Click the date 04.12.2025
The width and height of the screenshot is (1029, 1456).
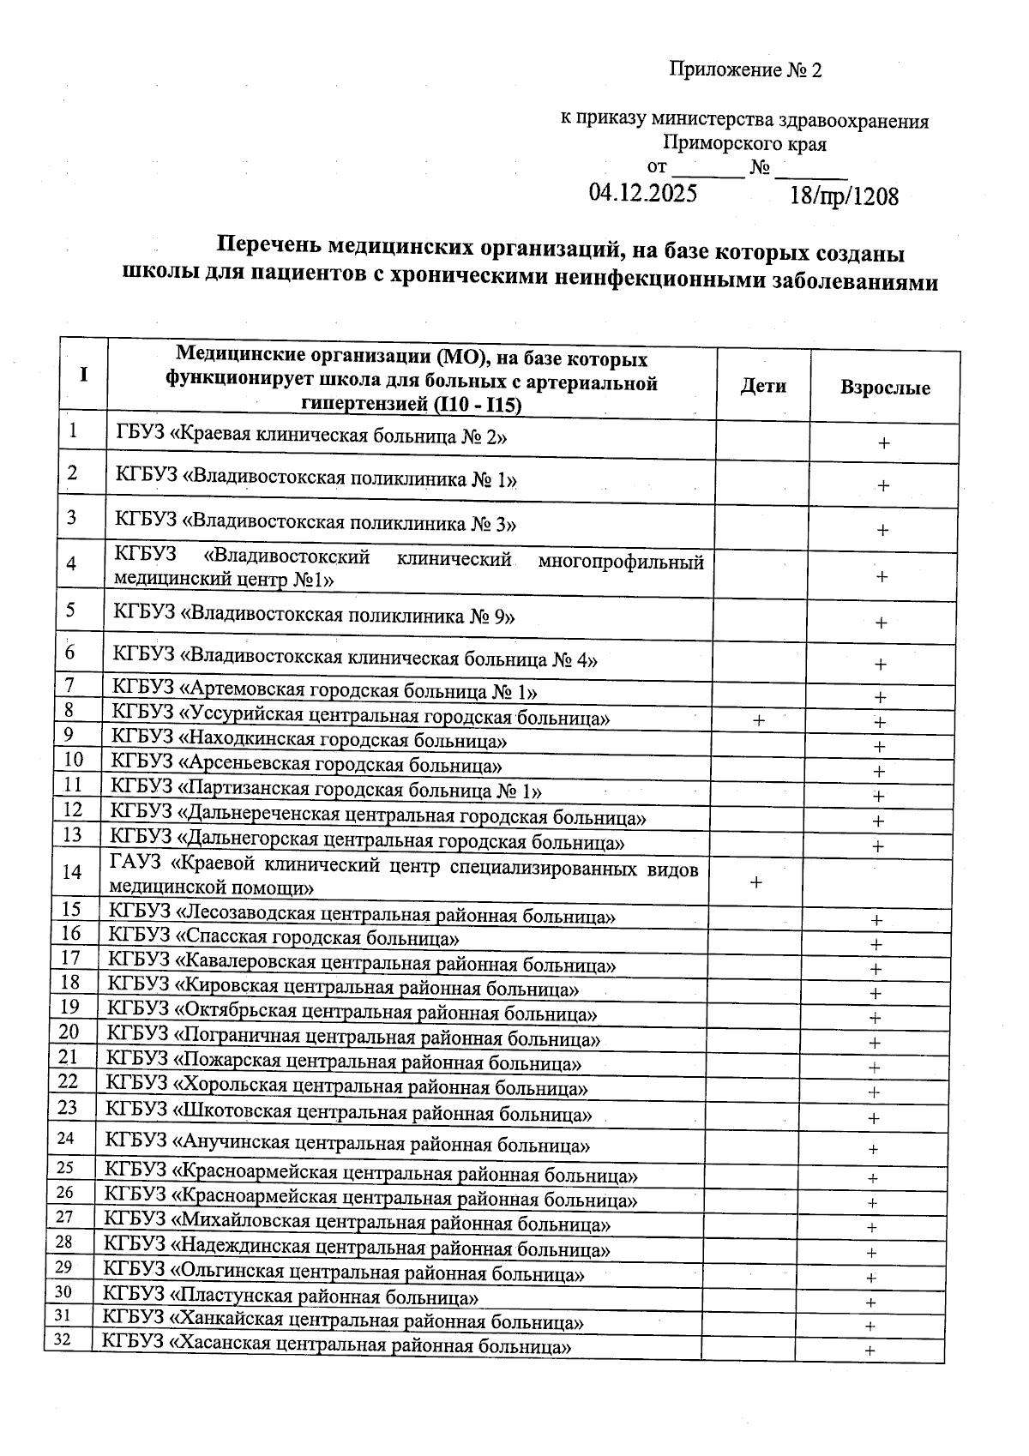pyautogui.click(x=642, y=192)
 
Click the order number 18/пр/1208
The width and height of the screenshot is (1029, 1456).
pyautogui.click(x=844, y=196)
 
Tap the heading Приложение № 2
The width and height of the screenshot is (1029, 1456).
pyautogui.click(x=745, y=70)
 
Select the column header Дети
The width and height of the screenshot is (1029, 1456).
pyautogui.click(x=763, y=386)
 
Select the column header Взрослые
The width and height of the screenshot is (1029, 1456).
pyautogui.click(x=885, y=388)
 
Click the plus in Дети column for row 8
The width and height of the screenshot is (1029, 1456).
pyautogui.click(x=759, y=721)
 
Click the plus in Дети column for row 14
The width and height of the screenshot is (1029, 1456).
pyautogui.click(x=756, y=881)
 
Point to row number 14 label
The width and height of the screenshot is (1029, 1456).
pyautogui.click(x=73, y=871)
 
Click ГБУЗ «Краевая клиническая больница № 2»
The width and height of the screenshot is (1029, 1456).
pyautogui.click(x=310, y=436)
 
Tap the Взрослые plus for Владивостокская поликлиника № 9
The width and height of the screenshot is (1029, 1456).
pyautogui.click(x=881, y=623)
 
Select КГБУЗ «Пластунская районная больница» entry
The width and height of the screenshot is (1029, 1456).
pyautogui.click(x=291, y=1297)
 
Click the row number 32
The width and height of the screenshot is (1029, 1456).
pyautogui.click(x=62, y=1340)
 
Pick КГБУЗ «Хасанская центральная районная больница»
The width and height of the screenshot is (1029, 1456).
pyautogui.click(x=336, y=1345)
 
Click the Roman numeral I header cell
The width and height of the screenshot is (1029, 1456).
pyautogui.click(x=83, y=374)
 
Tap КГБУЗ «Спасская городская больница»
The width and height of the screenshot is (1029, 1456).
pyautogui.click(x=284, y=938)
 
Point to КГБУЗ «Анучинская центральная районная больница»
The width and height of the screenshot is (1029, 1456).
pyautogui.click(x=346, y=1144)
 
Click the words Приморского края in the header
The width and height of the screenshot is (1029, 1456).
pyautogui.click(x=744, y=144)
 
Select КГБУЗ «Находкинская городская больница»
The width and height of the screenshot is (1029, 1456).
pyautogui.click(x=309, y=739)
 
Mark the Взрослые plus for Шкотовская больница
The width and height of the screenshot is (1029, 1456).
pyautogui.click(x=874, y=1118)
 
